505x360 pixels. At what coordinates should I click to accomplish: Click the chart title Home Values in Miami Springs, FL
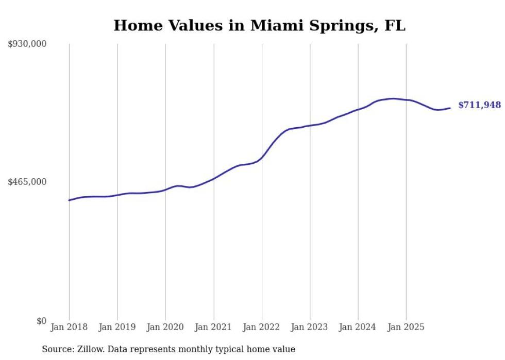[x=259, y=25]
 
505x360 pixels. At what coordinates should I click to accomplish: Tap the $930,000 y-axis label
[x=27, y=44]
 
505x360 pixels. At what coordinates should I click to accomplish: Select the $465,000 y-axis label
[x=27, y=182]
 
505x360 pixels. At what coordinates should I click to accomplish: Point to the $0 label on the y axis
[x=41, y=321]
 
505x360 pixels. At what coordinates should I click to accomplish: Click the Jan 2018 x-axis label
[x=69, y=327]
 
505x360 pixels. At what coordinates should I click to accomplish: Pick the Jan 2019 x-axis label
[x=117, y=327]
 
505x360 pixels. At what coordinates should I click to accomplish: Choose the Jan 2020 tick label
[x=165, y=327]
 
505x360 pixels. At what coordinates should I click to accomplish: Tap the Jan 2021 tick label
[x=213, y=327]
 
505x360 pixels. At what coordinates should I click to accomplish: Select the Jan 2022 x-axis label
[x=261, y=327]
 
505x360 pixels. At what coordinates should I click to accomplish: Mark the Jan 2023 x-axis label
[x=309, y=327]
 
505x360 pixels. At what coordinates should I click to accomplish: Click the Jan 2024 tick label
[x=358, y=327]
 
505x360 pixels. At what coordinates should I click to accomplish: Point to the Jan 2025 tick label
[x=406, y=327]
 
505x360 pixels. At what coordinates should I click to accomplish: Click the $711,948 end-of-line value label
[x=479, y=105]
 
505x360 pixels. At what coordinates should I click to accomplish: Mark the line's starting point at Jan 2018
[x=69, y=200]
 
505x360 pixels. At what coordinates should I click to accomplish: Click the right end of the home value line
[x=450, y=108]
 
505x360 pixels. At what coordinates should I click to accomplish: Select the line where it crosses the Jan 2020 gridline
[x=165, y=190]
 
